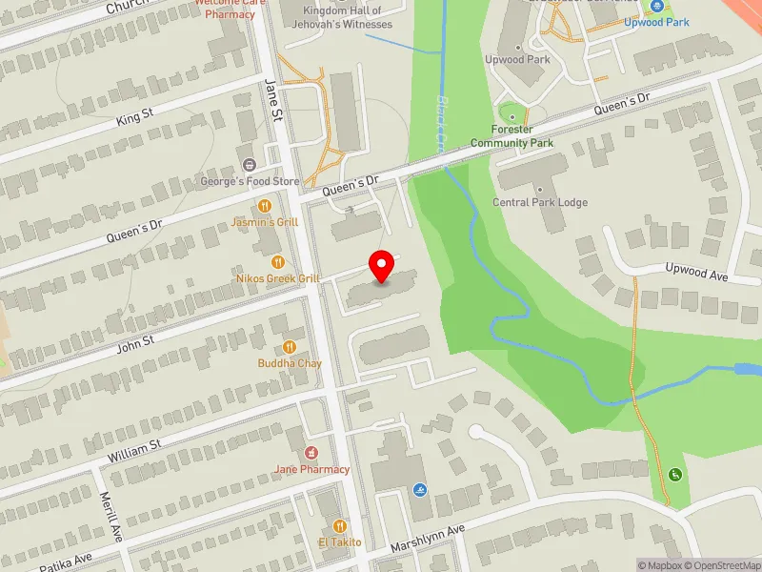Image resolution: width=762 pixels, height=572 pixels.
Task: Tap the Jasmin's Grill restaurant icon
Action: coord(265,206)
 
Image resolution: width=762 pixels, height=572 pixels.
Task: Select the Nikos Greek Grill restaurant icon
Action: coord(278,262)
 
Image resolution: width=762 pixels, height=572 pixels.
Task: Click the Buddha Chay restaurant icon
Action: coord(290,348)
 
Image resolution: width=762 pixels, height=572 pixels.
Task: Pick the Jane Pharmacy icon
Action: coord(311,453)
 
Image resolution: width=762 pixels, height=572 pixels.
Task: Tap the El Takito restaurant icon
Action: coord(339,526)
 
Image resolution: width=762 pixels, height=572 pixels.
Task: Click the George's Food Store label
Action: coord(250,181)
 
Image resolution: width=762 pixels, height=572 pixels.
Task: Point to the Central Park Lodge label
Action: coord(540,203)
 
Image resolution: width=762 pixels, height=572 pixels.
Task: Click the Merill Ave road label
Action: coord(111,516)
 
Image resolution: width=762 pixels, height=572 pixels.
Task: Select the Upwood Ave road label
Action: coord(696,273)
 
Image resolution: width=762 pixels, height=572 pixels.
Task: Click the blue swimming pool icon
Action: coord(421,490)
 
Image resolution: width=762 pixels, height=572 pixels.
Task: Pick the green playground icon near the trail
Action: coord(675,474)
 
